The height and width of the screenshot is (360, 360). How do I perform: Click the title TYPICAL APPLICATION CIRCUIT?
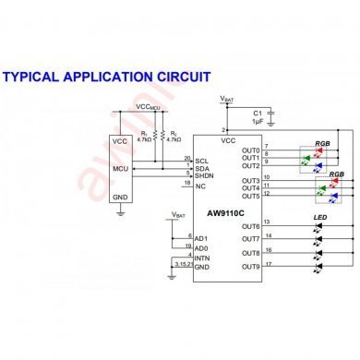(x=107, y=78)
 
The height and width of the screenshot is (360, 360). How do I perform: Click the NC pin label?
(x=200, y=186)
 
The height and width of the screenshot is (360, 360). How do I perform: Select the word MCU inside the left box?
(x=120, y=169)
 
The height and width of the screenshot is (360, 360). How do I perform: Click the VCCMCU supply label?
(x=149, y=107)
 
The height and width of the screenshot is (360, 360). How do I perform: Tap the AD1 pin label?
(x=201, y=238)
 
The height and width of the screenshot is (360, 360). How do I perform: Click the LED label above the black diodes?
(x=320, y=218)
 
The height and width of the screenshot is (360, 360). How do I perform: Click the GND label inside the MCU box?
(x=120, y=197)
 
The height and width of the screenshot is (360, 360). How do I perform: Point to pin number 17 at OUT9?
(x=268, y=263)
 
